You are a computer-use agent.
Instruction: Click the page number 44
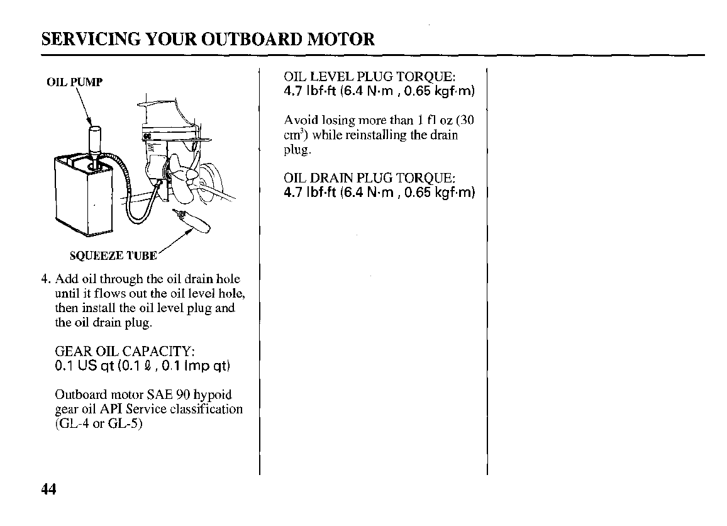click(49, 490)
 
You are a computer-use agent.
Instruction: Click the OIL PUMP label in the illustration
click(74, 82)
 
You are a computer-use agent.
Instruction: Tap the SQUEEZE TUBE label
click(113, 255)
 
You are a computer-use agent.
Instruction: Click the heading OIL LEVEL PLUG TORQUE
click(369, 77)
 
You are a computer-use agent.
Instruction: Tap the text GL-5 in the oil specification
click(125, 423)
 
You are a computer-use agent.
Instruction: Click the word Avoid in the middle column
click(299, 120)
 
